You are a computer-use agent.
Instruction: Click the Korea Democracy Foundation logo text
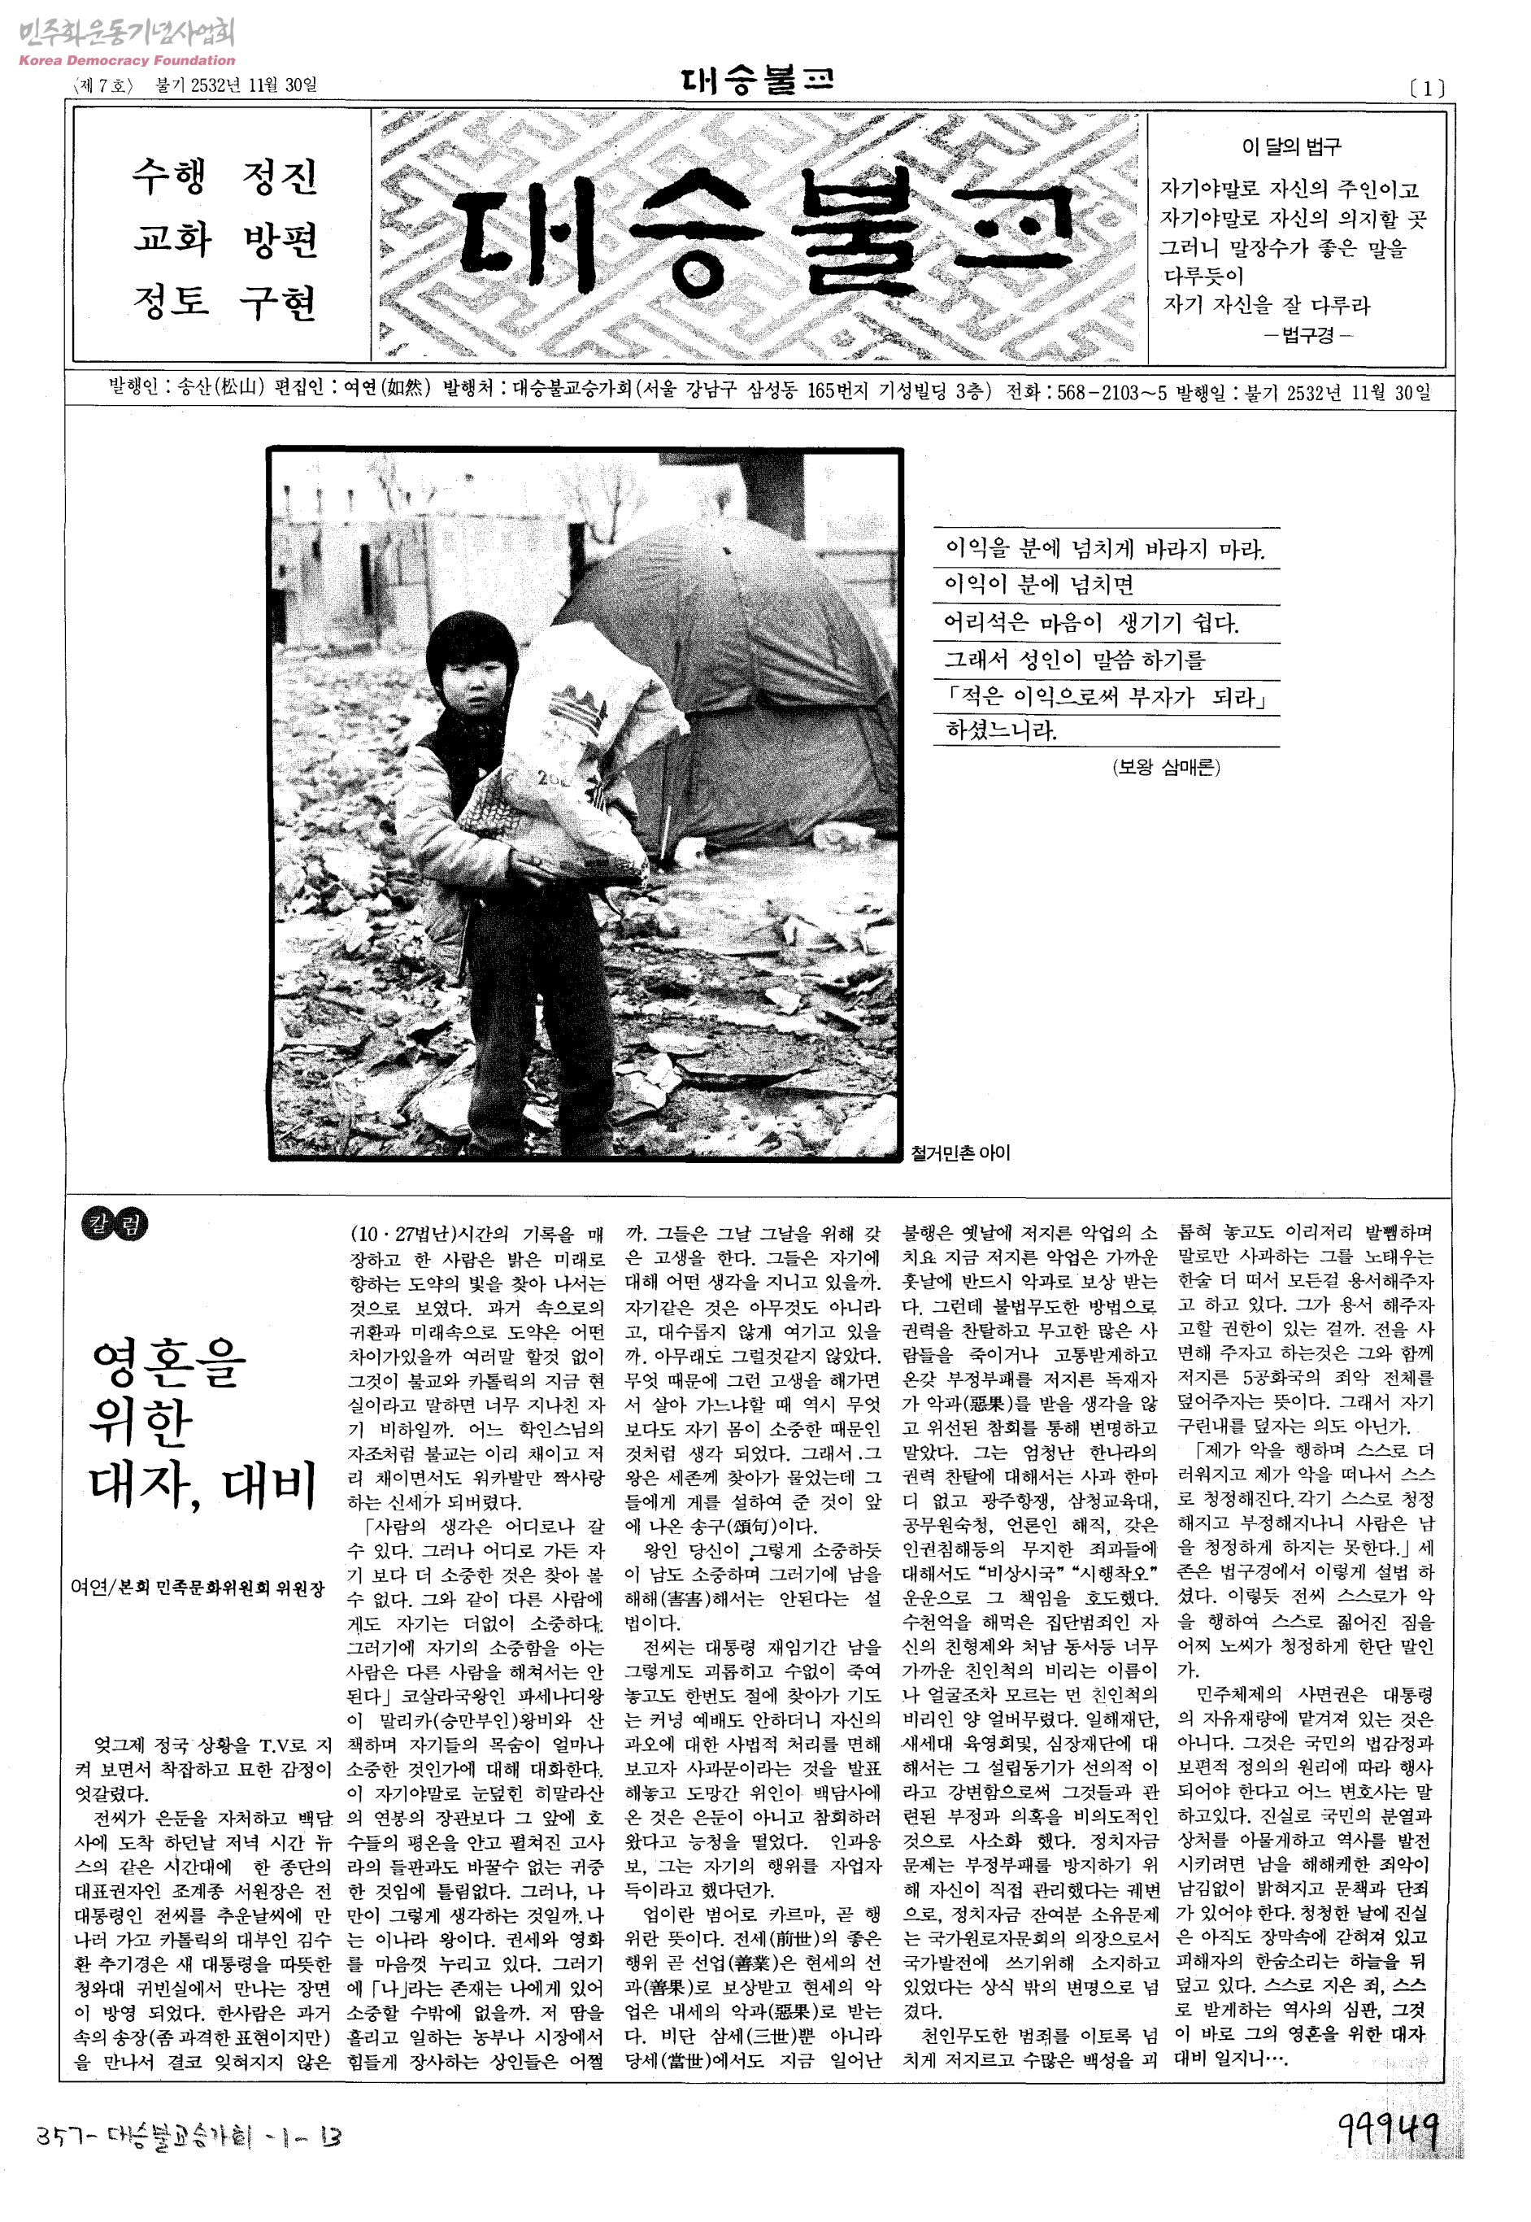(126, 60)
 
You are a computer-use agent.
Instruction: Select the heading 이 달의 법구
(1291, 146)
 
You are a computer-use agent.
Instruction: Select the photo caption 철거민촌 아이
(960, 1152)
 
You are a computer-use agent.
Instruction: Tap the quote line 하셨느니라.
(1001, 730)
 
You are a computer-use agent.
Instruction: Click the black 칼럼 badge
(117, 1225)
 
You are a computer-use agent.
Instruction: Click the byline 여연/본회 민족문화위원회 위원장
(198, 1588)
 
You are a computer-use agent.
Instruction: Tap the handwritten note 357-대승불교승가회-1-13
(188, 2136)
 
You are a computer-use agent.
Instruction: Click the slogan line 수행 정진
(224, 176)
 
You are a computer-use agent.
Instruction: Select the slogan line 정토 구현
(224, 303)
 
